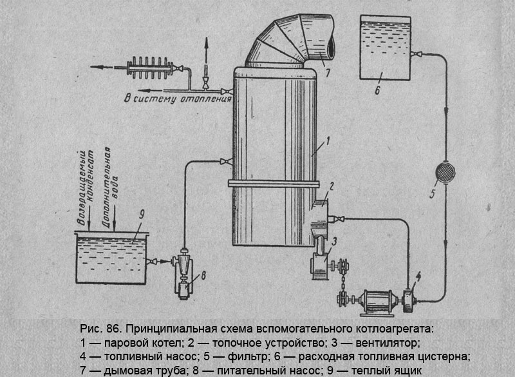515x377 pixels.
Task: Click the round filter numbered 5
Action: [444, 172]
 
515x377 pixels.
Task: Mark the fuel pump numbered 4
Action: [407, 299]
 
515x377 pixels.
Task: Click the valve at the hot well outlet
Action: [154, 261]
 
